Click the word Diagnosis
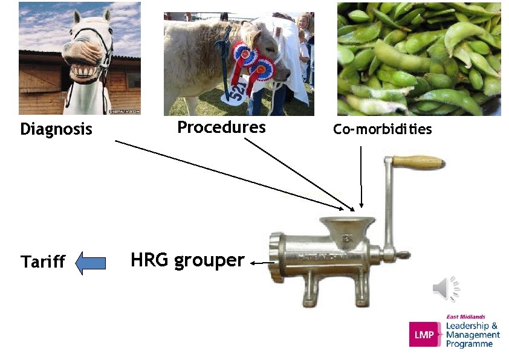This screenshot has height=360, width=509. tap(56, 129)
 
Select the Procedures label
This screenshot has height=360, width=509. tap(221, 127)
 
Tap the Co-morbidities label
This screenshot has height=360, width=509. tap(383, 130)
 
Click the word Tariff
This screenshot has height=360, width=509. tap(43, 262)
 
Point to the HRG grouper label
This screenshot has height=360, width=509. tap(187, 260)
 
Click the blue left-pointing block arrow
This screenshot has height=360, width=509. tap(91, 263)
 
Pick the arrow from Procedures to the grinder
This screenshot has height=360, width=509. tap(299, 174)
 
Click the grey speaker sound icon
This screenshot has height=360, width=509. tap(446, 288)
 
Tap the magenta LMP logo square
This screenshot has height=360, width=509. tap(425, 334)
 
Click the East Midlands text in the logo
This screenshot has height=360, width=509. tap(465, 317)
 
